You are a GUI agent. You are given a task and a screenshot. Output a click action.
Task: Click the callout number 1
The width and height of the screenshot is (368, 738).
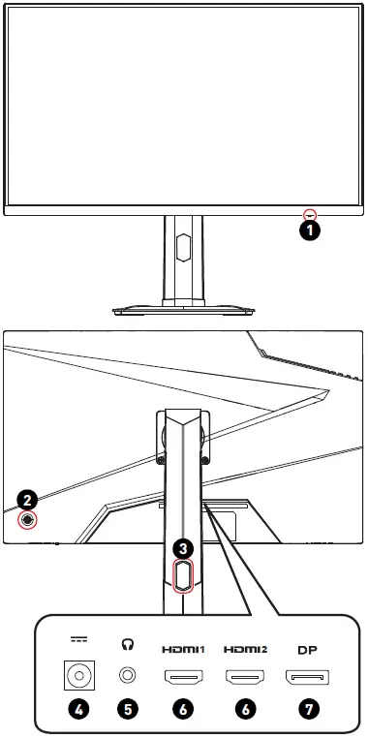pyautogui.click(x=310, y=231)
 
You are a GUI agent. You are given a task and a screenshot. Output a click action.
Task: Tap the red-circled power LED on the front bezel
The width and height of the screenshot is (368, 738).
pyautogui.click(x=310, y=215)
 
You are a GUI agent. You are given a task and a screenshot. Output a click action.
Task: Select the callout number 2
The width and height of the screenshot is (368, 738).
pyautogui.click(x=28, y=500)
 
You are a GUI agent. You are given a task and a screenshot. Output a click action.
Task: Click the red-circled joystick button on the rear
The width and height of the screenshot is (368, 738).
pyautogui.click(x=28, y=520)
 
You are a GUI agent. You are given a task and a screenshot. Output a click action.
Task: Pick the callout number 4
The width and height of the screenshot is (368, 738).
pyautogui.click(x=78, y=709)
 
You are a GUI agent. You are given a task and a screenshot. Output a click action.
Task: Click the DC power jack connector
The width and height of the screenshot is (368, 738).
pyautogui.click(x=78, y=676)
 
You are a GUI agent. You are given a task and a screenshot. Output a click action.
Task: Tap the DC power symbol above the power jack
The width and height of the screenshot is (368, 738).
pyautogui.click(x=78, y=640)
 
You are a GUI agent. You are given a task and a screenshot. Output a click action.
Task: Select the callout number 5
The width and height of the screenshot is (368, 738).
pyautogui.click(x=127, y=709)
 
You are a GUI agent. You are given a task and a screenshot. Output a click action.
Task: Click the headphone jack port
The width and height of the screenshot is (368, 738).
pyautogui.click(x=127, y=676)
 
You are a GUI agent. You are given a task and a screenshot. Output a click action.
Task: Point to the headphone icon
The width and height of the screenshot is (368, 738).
pyautogui.click(x=127, y=644)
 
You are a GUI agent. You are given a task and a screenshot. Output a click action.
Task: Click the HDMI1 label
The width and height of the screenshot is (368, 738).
pyautogui.click(x=183, y=650)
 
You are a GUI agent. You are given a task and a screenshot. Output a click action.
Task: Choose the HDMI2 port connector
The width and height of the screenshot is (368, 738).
pyautogui.click(x=245, y=677)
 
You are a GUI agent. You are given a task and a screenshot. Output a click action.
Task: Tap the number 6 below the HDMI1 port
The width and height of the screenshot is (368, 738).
pyautogui.click(x=183, y=709)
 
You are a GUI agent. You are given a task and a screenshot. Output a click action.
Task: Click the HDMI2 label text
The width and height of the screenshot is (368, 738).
pyautogui.click(x=245, y=650)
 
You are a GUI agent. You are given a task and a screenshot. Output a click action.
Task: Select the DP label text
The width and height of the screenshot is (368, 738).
pyautogui.click(x=307, y=650)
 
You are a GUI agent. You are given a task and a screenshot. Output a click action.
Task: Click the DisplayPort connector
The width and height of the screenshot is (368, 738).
pyautogui.click(x=307, y=677)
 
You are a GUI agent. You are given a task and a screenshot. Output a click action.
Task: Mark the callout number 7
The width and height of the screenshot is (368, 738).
pyautogui.click(x=309, y=709)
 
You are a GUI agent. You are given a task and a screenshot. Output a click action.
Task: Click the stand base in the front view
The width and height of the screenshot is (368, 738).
pyautogui.click(x=184, y=311)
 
